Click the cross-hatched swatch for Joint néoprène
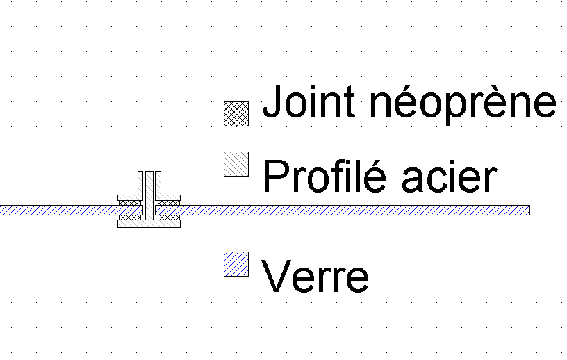(x=236, y=113)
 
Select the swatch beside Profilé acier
(x=236, y=163)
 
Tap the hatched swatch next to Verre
(x=236, y=264)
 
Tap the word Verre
(x=315, y=277)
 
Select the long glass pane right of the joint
(x=347, y=210)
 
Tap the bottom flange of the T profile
(x=149, y=223)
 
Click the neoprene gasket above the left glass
(x=129, y=203)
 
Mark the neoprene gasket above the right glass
(x=170, y=203)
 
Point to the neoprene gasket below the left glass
(x=129, y=217)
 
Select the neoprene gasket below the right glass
(x=170, y=217)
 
